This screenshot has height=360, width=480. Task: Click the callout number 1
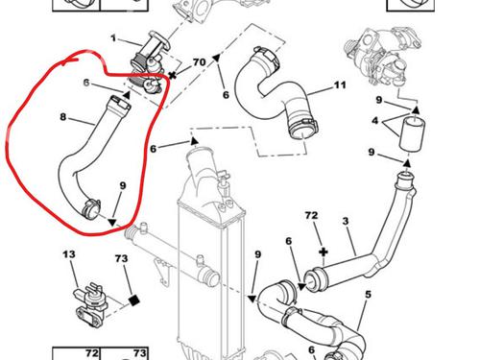(x=113, y=38)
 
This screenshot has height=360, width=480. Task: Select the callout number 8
(x=63, y=117)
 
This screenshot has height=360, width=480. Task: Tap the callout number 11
(x=340, y=85)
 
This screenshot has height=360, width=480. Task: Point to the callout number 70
(x=200, y=62)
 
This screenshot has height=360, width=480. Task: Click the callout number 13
(x=69, y=254)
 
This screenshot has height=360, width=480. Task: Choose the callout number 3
(x=346, y=221)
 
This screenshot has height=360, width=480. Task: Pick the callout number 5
(x=368, y=295)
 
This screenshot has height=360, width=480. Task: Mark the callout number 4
(x=375, y=121)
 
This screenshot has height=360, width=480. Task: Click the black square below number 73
(x=133, y=300)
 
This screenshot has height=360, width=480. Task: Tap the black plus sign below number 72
(x=324, y=252)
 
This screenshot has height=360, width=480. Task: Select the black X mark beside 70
(x=173, y=76)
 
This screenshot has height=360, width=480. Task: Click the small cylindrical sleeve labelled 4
(x=413, y=133)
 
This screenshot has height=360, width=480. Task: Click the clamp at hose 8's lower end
(x=91, y=209)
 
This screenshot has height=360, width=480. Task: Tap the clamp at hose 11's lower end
(x=303, y=129)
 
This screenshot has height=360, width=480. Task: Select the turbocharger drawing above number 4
(x=383, y=58)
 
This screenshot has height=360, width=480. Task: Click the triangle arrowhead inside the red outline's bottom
(x=112, y=223)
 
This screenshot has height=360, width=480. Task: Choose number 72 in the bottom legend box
(x=92, y=353)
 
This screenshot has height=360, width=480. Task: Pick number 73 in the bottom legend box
(x=140, y=353)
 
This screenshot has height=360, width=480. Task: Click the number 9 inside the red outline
(x=123, y=185)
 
